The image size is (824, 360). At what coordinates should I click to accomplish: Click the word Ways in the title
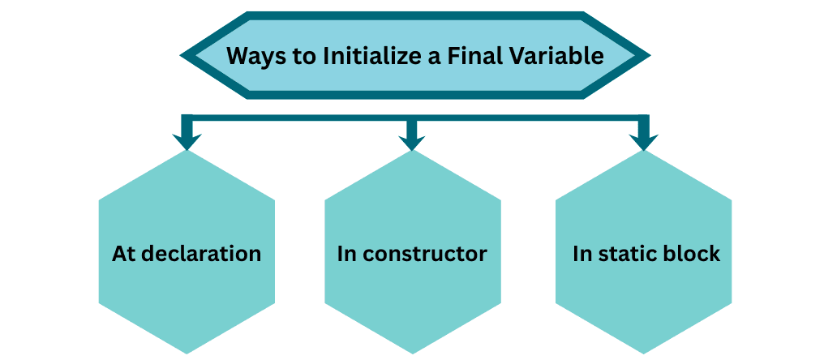251,56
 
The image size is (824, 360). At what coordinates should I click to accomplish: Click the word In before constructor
347,254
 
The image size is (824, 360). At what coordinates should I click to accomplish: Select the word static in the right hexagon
628,254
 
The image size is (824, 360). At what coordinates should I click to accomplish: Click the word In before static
582,254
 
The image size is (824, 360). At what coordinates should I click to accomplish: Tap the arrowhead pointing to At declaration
187,141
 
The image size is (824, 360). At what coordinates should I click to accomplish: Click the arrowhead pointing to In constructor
412,141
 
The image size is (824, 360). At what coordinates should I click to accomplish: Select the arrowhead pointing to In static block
644,141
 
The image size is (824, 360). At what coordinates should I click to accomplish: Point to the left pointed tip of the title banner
182,56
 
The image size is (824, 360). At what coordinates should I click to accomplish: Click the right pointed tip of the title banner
647,56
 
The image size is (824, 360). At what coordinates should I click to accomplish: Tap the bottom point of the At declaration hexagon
187,352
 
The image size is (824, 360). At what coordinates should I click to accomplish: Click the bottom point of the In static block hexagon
644,352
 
